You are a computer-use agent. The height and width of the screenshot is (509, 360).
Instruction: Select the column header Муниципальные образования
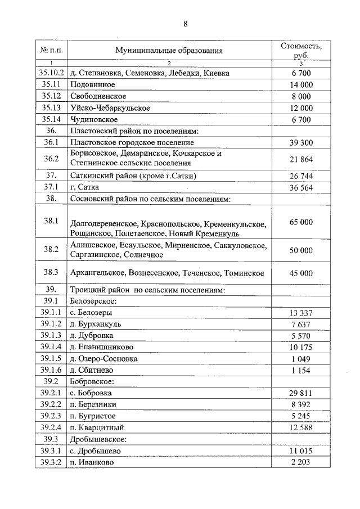point(169,51)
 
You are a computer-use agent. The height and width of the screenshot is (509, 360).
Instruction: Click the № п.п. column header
point(52,51)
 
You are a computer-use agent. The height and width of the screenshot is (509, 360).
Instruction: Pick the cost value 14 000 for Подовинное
point(301,84)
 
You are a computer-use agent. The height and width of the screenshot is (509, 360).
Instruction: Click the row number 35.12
point(52,96)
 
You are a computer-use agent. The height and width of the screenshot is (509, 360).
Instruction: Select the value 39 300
point(301,143)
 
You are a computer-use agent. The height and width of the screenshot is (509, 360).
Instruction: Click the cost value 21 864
point(301,159)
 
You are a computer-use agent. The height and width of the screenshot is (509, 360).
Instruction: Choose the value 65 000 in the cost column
point(301,222)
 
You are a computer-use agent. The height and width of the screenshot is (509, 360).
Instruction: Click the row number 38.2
point(52,250)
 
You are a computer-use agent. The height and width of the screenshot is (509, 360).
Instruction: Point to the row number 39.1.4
point(52,347)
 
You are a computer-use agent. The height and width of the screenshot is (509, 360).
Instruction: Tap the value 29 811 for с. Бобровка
point(301,393)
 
